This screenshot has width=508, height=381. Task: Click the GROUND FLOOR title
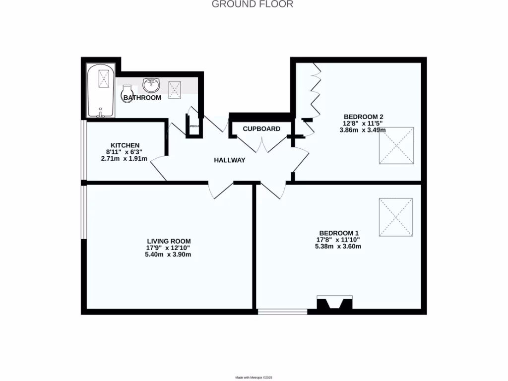pos(253,4)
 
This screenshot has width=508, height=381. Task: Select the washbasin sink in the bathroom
pos(151,85)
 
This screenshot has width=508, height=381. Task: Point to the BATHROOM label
pos(142,98)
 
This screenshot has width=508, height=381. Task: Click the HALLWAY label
pos(230,160)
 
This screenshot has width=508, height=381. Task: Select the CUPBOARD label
pos(261,129)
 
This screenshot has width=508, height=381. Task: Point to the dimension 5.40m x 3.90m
pos(169,254)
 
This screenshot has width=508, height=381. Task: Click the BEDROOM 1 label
pos(339,233)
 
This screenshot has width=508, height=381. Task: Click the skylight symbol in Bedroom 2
pos(396,145)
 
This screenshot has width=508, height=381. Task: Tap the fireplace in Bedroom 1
pos(335,304)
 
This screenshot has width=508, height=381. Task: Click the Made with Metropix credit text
pos(254,378)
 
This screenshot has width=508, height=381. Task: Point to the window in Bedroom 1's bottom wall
pos(283,312)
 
